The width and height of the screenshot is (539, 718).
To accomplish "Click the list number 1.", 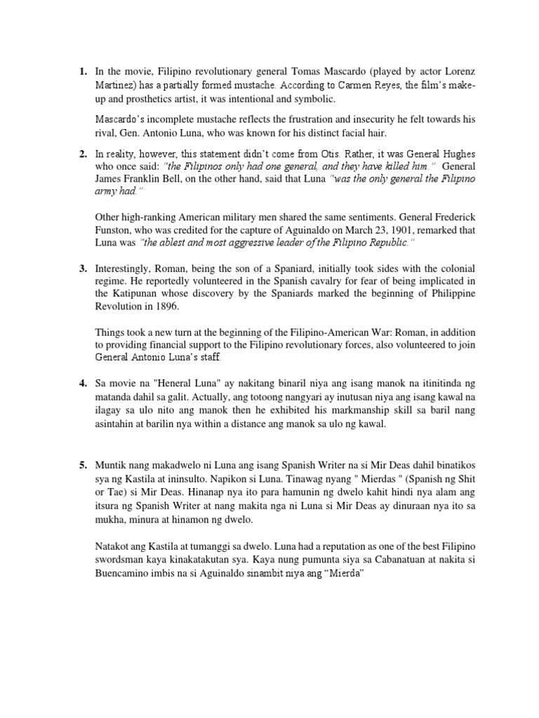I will [82, 72].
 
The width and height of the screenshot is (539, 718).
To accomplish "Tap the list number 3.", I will [82, 269].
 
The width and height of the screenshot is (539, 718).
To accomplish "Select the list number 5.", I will [82, 465].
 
